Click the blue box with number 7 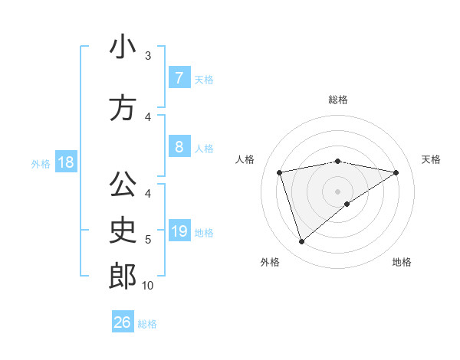tap(179, 77)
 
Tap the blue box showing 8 tap(179, 147)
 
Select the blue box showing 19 tap(179, 231)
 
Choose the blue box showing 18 tap(65, 162)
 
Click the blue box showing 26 tap(123, 322)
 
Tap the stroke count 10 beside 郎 tap(148, 285)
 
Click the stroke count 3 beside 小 tap(148, 56)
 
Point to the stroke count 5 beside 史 tap(148, 240)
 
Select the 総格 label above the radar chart tap(337, 100)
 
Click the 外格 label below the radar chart tap(270, 263)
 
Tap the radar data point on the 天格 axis tap(396, 172)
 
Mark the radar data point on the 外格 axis tap(301, 242)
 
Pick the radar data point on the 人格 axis tap(279, 172)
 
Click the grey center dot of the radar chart tap(337, 191)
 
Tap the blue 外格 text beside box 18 tap(40, 163)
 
